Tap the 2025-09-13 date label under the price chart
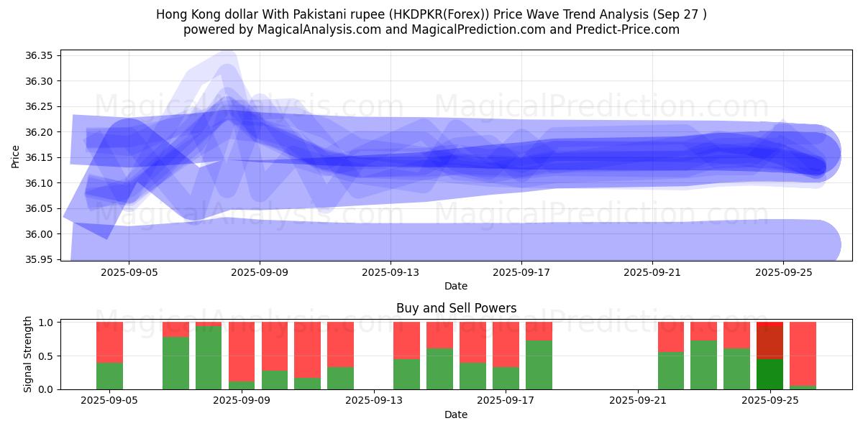click(391, 273)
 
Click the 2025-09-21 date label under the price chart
click(652, 273)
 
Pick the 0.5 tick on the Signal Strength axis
click(47, 356)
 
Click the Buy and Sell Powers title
click(456, 308)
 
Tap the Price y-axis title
click(16, 155)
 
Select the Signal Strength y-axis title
click(27, 354)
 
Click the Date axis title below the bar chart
click(456, 414)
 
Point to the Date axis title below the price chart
click(456, 286)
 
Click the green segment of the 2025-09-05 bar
click(109, 376)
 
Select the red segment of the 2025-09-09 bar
click(275, 345)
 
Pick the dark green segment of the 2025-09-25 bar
click(770, 374)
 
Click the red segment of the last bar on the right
click(803, 352)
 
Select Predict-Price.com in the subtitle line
click(625, 29)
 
